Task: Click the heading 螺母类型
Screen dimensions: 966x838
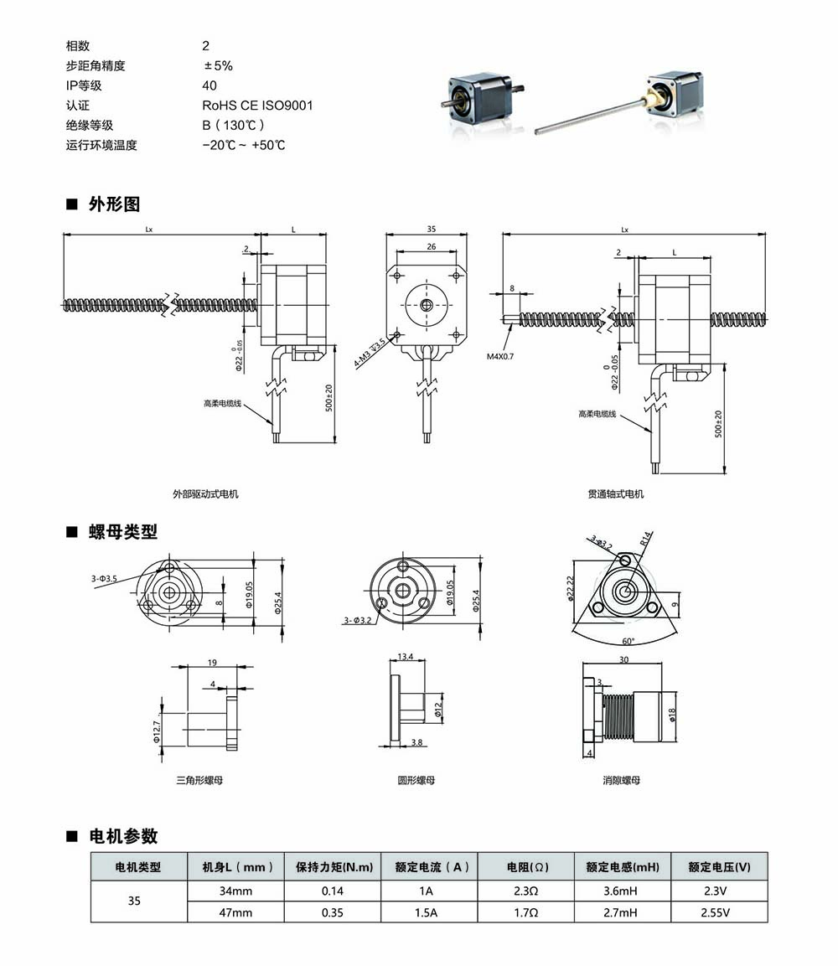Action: [122, 532]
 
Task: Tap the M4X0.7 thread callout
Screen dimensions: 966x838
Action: [501, 356]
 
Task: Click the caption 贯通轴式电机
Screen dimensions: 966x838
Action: [616, 494]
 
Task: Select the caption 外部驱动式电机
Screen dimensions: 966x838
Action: [205, 494]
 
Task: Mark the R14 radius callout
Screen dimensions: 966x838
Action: [646, 538]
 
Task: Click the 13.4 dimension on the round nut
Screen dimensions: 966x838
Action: [405, 656]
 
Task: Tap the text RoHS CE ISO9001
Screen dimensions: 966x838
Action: [257, 106]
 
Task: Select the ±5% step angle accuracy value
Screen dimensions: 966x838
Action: [218, 65]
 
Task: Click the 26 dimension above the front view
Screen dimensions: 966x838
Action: [431, 246]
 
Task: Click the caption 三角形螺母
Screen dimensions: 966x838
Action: [199, 780]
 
